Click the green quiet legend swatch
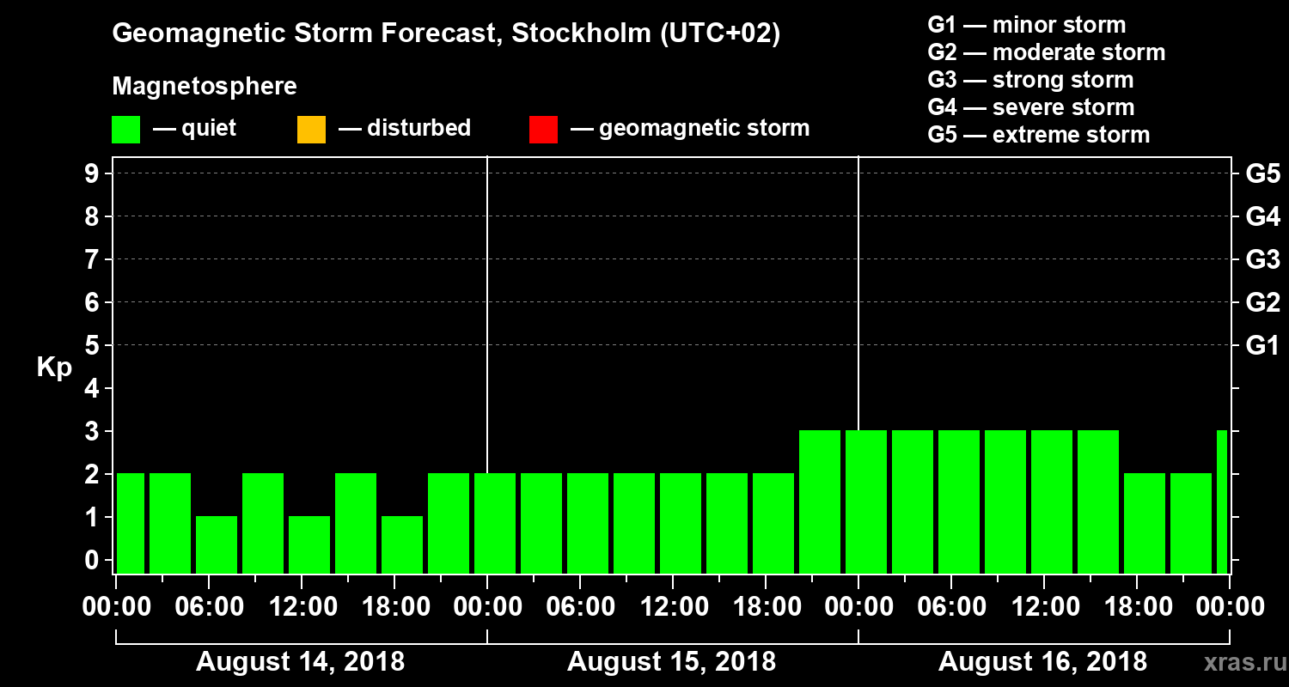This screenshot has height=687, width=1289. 125,130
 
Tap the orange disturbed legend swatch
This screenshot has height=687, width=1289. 311,130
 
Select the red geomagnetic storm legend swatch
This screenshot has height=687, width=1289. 543,130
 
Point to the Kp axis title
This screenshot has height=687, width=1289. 54,368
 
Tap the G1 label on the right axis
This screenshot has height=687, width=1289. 1262,346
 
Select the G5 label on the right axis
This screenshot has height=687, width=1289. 1262,174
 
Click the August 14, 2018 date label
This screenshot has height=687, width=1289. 300,662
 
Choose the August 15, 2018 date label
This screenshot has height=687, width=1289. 671,662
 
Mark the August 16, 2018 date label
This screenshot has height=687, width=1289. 1042,662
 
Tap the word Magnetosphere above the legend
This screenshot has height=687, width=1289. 205,87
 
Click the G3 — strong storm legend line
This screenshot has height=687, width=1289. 1030,80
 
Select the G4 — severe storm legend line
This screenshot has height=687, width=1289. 1031,107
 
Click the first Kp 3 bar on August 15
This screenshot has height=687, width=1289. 820,502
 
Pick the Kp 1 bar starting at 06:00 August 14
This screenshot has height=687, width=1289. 217,544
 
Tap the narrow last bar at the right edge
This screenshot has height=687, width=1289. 1222,502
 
